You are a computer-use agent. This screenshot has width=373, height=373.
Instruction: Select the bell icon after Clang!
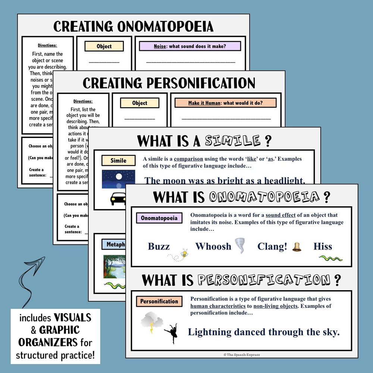pyautogui.click(x=297, y=247)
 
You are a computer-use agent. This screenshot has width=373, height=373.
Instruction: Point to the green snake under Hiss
pyautogui.click(x=330, y=258)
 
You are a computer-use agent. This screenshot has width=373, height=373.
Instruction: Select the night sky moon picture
pyautogui.click(x=118, y=179)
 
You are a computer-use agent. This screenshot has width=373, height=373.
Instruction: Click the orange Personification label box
pyautogui.click(x=159, y=301)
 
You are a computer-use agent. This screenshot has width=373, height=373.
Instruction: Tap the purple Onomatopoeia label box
pyautogui.click(x=159, y=218)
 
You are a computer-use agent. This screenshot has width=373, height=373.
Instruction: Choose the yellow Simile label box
pyautogui.click(x=118, y=161)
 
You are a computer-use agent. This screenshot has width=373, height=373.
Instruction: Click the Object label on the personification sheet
pyautogui.click(x=140, y=103)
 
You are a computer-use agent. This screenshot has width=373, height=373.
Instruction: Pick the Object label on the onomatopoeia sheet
pyautogui.click(x=104, y=46)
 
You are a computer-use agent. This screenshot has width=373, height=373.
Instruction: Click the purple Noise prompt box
pyautogui.click(x=190, y=46)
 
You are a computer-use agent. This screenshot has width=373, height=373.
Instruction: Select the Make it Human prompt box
pyautogui.click(x=225, y=103)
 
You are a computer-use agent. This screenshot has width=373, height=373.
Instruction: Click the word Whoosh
pyautogui.click(x=213, y=246)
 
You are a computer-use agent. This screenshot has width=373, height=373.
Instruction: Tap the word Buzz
pyautogui.click(x=159, y=246)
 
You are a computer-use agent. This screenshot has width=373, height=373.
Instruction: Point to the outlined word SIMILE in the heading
pyautogui.click(x=232, y=141)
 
